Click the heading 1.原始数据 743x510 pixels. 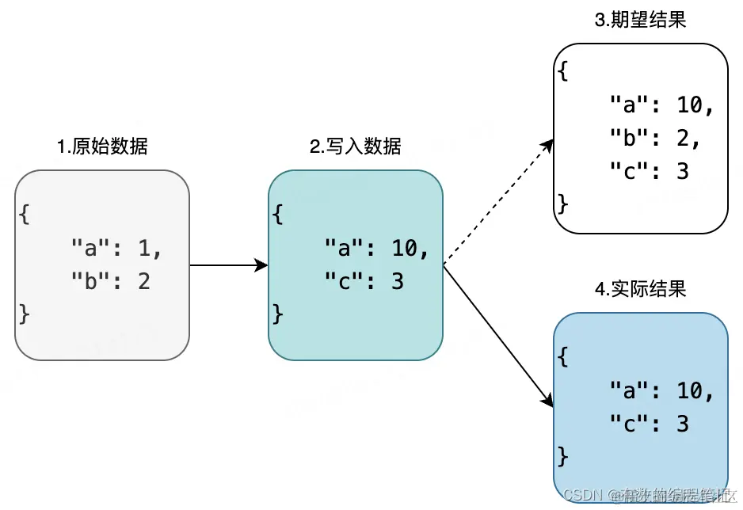[102, 147]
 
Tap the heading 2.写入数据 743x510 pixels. [356, 147]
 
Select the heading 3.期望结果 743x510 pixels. [640, 20]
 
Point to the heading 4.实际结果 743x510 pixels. [640, 289]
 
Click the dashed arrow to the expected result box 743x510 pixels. [497, 202]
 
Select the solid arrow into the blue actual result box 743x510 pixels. [497, 335]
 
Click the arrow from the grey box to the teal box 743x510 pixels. [228, 265]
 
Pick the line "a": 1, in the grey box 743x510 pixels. [116, 249]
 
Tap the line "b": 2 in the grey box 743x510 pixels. [110, 281]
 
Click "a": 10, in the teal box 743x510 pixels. [376, 249]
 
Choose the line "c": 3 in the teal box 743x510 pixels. [364, 281]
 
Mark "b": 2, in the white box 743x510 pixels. [655, 138]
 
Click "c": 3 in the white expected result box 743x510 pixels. [649, 170]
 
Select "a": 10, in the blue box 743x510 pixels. [661, 390]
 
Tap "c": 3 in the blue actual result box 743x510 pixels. [649, 424]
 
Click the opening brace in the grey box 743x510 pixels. [25, 215]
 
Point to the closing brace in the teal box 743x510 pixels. [277, 314]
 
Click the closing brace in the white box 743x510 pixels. [563, 203]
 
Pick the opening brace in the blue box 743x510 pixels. [563, 356]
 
